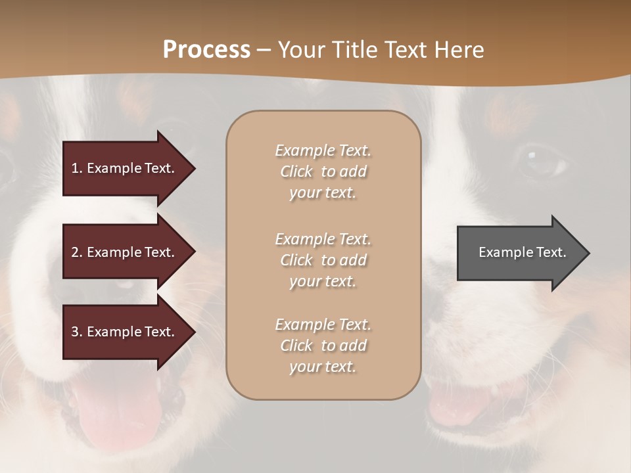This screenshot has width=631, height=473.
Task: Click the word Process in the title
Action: coord(206,50)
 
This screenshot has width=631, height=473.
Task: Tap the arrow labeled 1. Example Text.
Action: coord(125,168)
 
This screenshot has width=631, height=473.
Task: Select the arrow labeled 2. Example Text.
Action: coord(125,252)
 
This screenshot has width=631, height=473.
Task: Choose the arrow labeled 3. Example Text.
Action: coord(125,332)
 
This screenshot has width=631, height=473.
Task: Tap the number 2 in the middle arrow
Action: coord(75,252)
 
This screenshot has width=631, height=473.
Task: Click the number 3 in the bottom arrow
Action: coord(75,332)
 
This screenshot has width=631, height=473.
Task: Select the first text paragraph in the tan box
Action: coord(323,171)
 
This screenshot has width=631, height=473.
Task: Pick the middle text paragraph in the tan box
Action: coord(323,260)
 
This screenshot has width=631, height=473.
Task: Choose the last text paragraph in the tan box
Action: coord(323,346)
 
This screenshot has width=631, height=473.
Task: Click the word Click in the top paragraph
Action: coord(296,171)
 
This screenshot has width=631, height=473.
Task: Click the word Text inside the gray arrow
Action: coord(552,252)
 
